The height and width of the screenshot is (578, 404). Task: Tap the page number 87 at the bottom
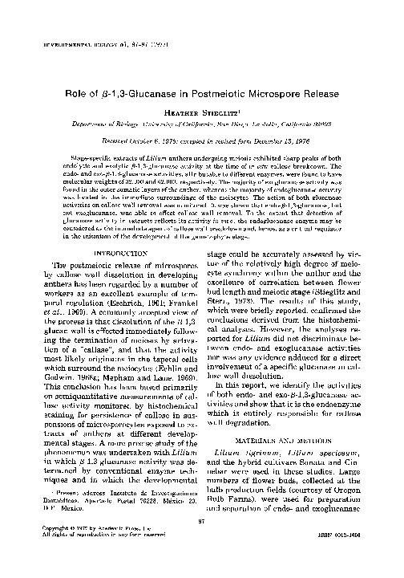204,543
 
